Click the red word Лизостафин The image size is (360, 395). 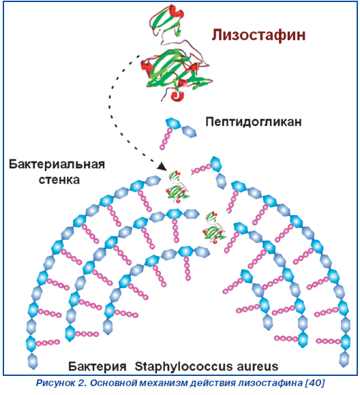(x=258, y=35)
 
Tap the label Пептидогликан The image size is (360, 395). (x=254, y=122)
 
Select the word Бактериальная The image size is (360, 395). (x=57, y=164)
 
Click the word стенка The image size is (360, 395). (x=59, y=180)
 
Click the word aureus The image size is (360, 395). (x=258, y=366)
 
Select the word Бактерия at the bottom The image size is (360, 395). (x=97, y=366)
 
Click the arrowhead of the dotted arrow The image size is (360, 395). (x=162, y=167)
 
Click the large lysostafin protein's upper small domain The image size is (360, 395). (x=166, y=20)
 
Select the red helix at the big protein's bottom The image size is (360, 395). (x=177, y=96)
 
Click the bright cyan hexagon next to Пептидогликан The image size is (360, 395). (x=173, y=124)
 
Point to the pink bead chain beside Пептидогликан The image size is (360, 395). (x=166, y=138)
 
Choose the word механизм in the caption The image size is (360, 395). (x=163, y=383)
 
